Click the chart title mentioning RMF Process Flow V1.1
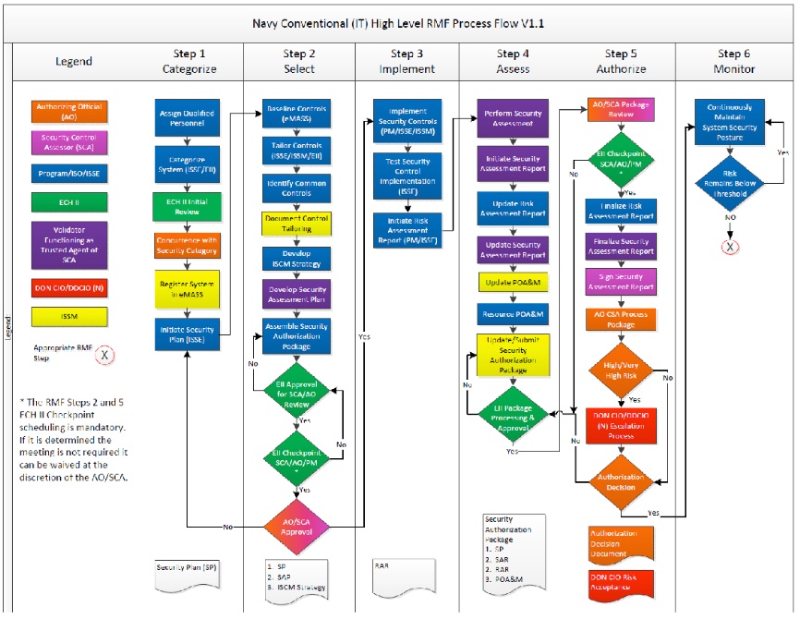pyautogui.click(x=398, y=23)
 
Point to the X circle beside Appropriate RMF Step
pyautogui.click(x=103, y=354)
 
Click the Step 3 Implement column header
pyautogui.click(x=406, y=62)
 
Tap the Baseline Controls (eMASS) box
pyautogui.click(x=297, y=113)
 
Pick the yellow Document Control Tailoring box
pyautogui.click(x=297, y=222)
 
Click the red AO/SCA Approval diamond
pyautogui.click(x=297, y=525)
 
